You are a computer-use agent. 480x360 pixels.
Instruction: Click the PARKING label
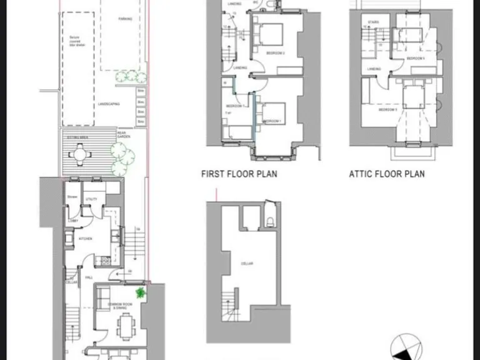click(x=126, y=19)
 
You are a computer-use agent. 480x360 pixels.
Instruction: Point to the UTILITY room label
click(x=91, y=199)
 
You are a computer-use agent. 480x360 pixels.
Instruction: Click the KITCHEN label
click(x=86, y=239)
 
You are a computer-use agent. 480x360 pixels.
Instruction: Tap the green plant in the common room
click(x=141, y=292)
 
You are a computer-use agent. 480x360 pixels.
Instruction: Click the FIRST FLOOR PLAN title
click(x=239, y=174)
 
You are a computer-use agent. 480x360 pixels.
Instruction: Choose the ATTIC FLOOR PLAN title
click(x=386, y=174)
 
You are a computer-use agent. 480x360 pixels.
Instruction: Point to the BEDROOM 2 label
click(x=275, y=53)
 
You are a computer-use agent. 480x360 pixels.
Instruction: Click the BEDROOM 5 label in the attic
click(x=387, y=110)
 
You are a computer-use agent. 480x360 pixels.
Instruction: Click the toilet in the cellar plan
click(x=269, y=221)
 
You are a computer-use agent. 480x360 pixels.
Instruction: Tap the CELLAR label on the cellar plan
click(x=247, y=264)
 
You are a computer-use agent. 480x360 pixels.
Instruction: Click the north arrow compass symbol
click(x=402, y=347)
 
